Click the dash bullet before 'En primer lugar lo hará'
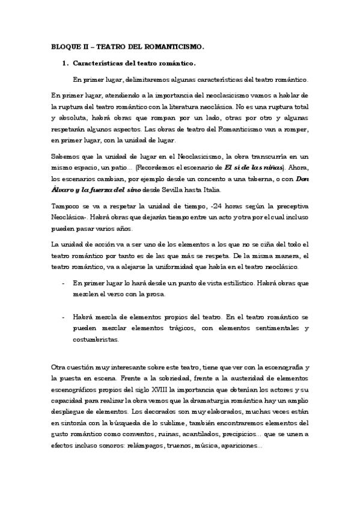pyautogui.click(x=64, y=283)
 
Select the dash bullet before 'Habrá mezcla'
pyautogui.click(x=64, y=316)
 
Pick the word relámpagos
pyautogui.click(x=132, y=446)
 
